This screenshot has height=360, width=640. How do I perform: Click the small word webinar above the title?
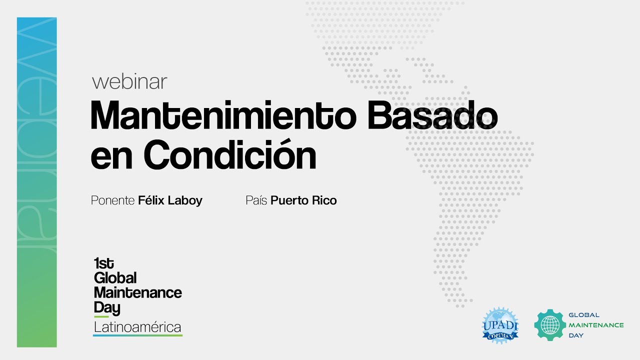129,82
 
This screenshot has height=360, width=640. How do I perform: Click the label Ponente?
112,200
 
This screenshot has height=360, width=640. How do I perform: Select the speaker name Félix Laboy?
170,200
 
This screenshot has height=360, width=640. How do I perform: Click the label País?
256,200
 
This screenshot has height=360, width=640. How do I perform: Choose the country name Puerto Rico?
303,200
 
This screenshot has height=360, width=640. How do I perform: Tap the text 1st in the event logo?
103,263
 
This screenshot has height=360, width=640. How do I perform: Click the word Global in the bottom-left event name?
115,278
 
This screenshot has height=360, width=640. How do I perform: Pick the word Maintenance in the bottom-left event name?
137,292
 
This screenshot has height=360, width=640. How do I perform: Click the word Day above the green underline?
106,307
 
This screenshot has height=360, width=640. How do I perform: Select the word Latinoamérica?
137,327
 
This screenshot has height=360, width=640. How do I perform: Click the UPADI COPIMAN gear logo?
500,325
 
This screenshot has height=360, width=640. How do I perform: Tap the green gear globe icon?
549,325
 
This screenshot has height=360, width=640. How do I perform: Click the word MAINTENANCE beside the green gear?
596,325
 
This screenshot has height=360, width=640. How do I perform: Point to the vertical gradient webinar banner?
36,182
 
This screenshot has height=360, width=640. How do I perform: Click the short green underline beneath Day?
101,317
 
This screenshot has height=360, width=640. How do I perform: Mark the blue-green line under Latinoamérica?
137,335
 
